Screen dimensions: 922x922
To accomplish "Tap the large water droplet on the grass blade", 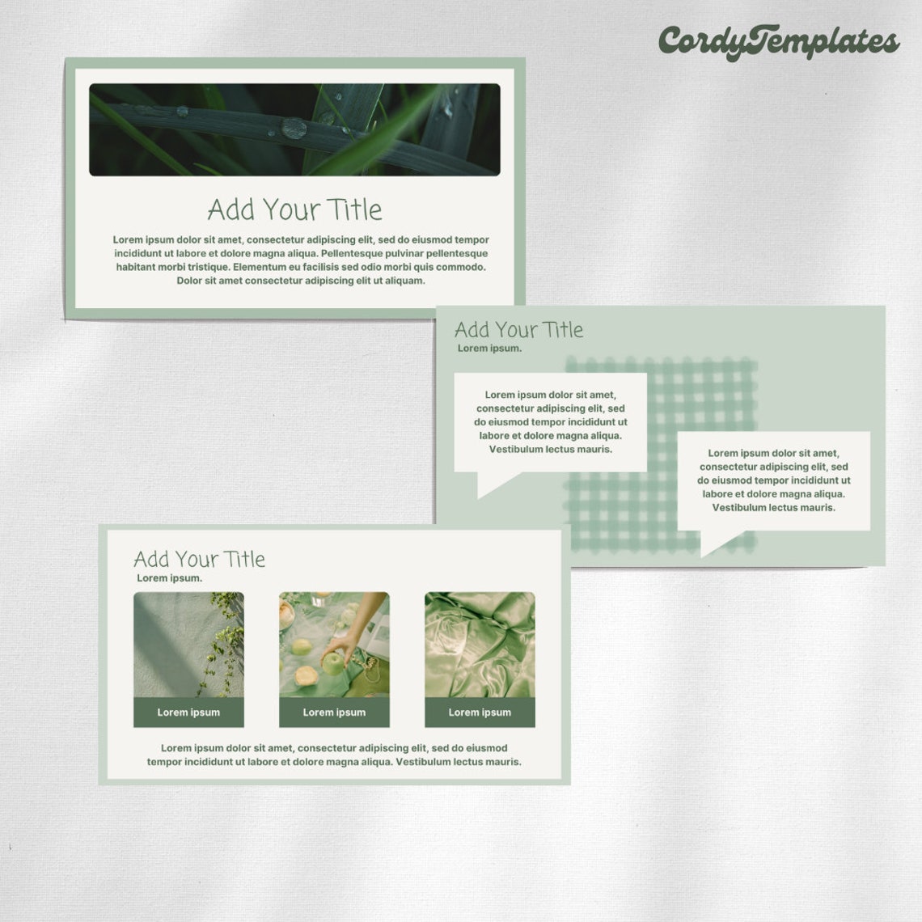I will [x=294, y=127].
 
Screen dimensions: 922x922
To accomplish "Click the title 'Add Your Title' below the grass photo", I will [x=294, y=209].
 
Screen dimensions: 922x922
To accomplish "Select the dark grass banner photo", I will [x=294, y=129].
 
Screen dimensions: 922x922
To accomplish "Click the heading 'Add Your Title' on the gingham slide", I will [x=518, y=330].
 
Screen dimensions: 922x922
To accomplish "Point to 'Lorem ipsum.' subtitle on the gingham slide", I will [x=489, y=349].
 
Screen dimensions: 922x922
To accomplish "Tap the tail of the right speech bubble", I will [x=716, y=542].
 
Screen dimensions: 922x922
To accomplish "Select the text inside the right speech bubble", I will [x=773, y=480].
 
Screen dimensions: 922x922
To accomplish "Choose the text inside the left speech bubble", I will [x=550, y=422].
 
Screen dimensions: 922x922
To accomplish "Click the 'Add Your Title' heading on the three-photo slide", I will [x=199, y=560].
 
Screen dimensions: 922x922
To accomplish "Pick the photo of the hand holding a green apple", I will [x=334, y=645].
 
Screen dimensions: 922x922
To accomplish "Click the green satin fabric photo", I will [x=480, y=645].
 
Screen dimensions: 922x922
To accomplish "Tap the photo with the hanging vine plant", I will [x=188, y=645].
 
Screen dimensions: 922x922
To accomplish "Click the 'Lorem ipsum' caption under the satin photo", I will [x=480, y=713].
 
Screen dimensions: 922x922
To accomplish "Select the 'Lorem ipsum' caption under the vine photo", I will [x=188, y=713].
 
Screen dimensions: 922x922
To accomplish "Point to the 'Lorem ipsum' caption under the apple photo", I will [x=334, y=713].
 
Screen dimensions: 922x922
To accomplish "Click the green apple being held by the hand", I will [x=333, y=663].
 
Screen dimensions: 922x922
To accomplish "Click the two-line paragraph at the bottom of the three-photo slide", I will [x=334, y=755].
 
